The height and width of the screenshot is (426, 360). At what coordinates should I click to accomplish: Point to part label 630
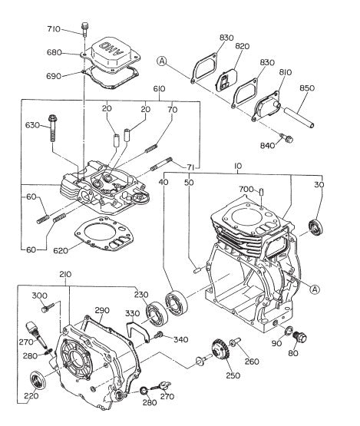tap(32, 124)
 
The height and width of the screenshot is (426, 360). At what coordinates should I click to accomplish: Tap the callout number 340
tap(180, 339)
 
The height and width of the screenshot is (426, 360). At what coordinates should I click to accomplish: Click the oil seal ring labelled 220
tap(36, 379)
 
